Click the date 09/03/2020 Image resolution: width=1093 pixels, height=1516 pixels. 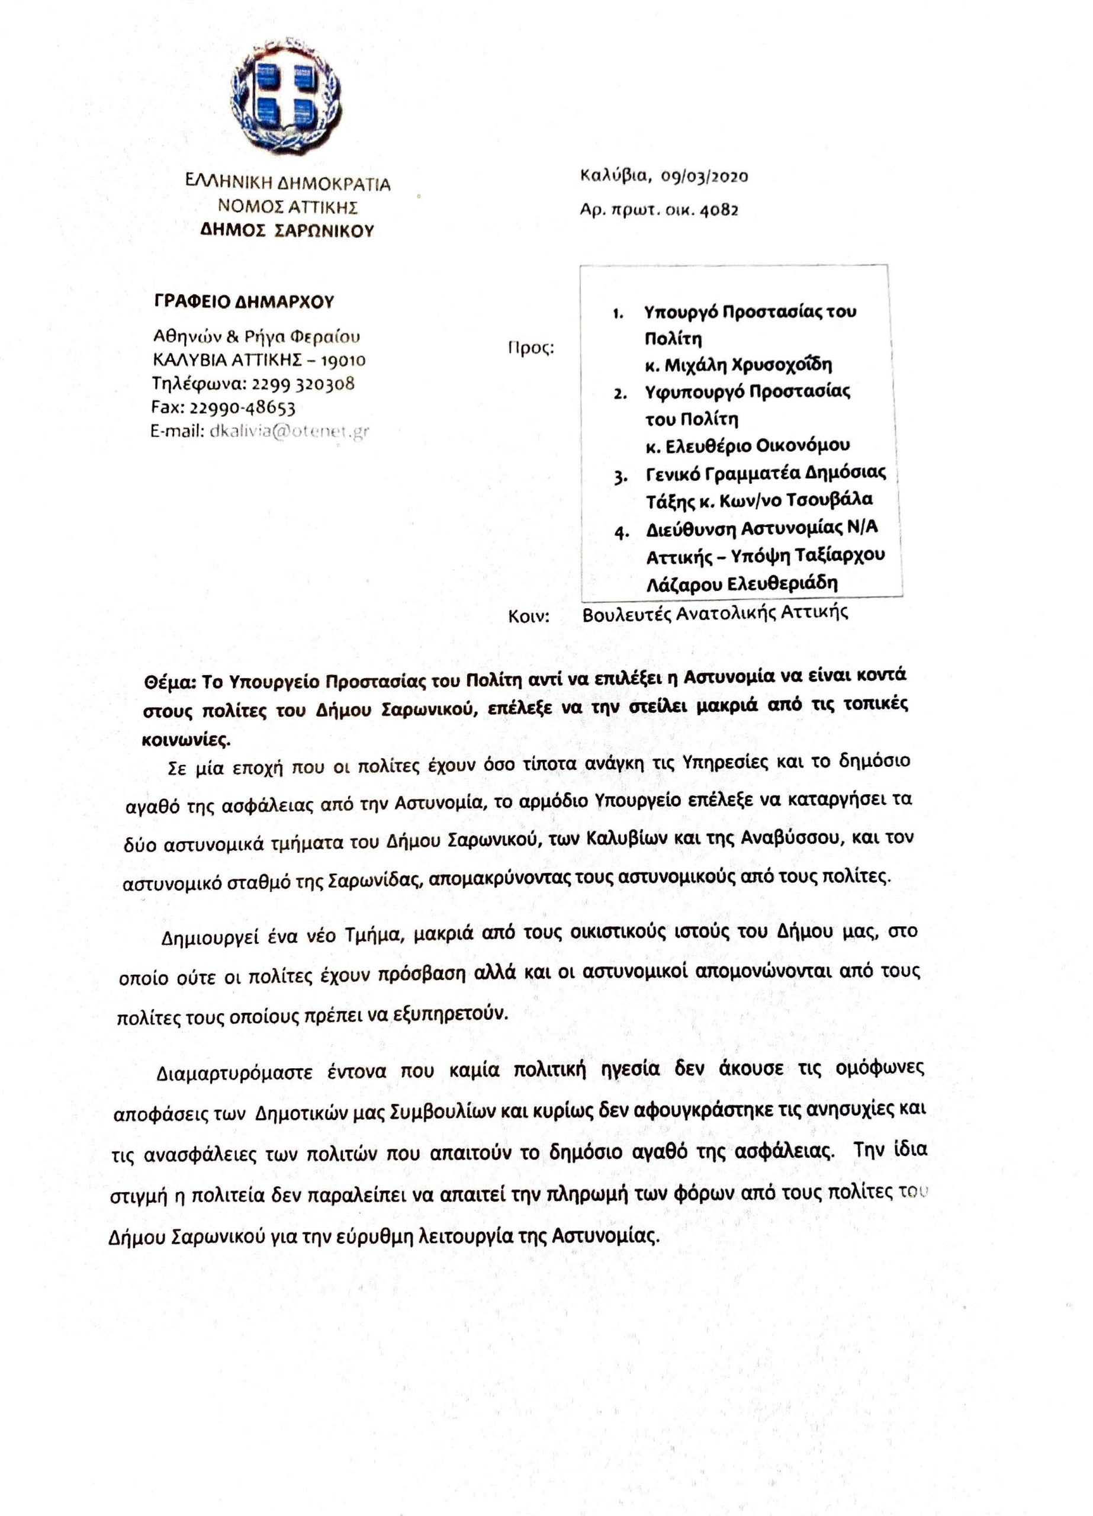[704, 176]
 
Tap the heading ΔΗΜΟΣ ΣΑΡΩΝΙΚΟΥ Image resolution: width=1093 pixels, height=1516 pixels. [287, 232]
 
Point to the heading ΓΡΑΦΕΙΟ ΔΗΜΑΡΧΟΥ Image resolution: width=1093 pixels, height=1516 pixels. [244, 301]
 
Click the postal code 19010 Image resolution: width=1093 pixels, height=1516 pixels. [343, 361]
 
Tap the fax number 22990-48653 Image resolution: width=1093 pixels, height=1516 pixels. [243, 408]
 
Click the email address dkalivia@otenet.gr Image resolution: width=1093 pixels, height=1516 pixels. [289, 432]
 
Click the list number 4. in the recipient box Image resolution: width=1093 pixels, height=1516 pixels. [622, 533]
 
